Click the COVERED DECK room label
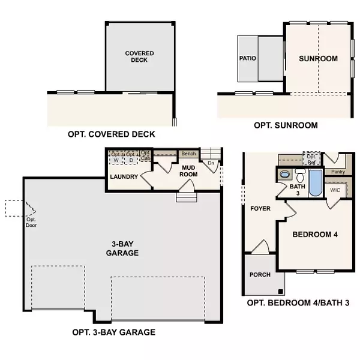139,57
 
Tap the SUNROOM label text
318,59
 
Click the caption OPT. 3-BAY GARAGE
113,332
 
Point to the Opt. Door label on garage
31,223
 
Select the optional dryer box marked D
130,158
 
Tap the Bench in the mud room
188,154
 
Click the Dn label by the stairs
211,163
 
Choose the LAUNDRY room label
125,177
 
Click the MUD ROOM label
190,170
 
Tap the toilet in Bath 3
284,175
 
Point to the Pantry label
338,171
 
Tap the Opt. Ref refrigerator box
311,159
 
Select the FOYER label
260,209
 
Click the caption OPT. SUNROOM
286,125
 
